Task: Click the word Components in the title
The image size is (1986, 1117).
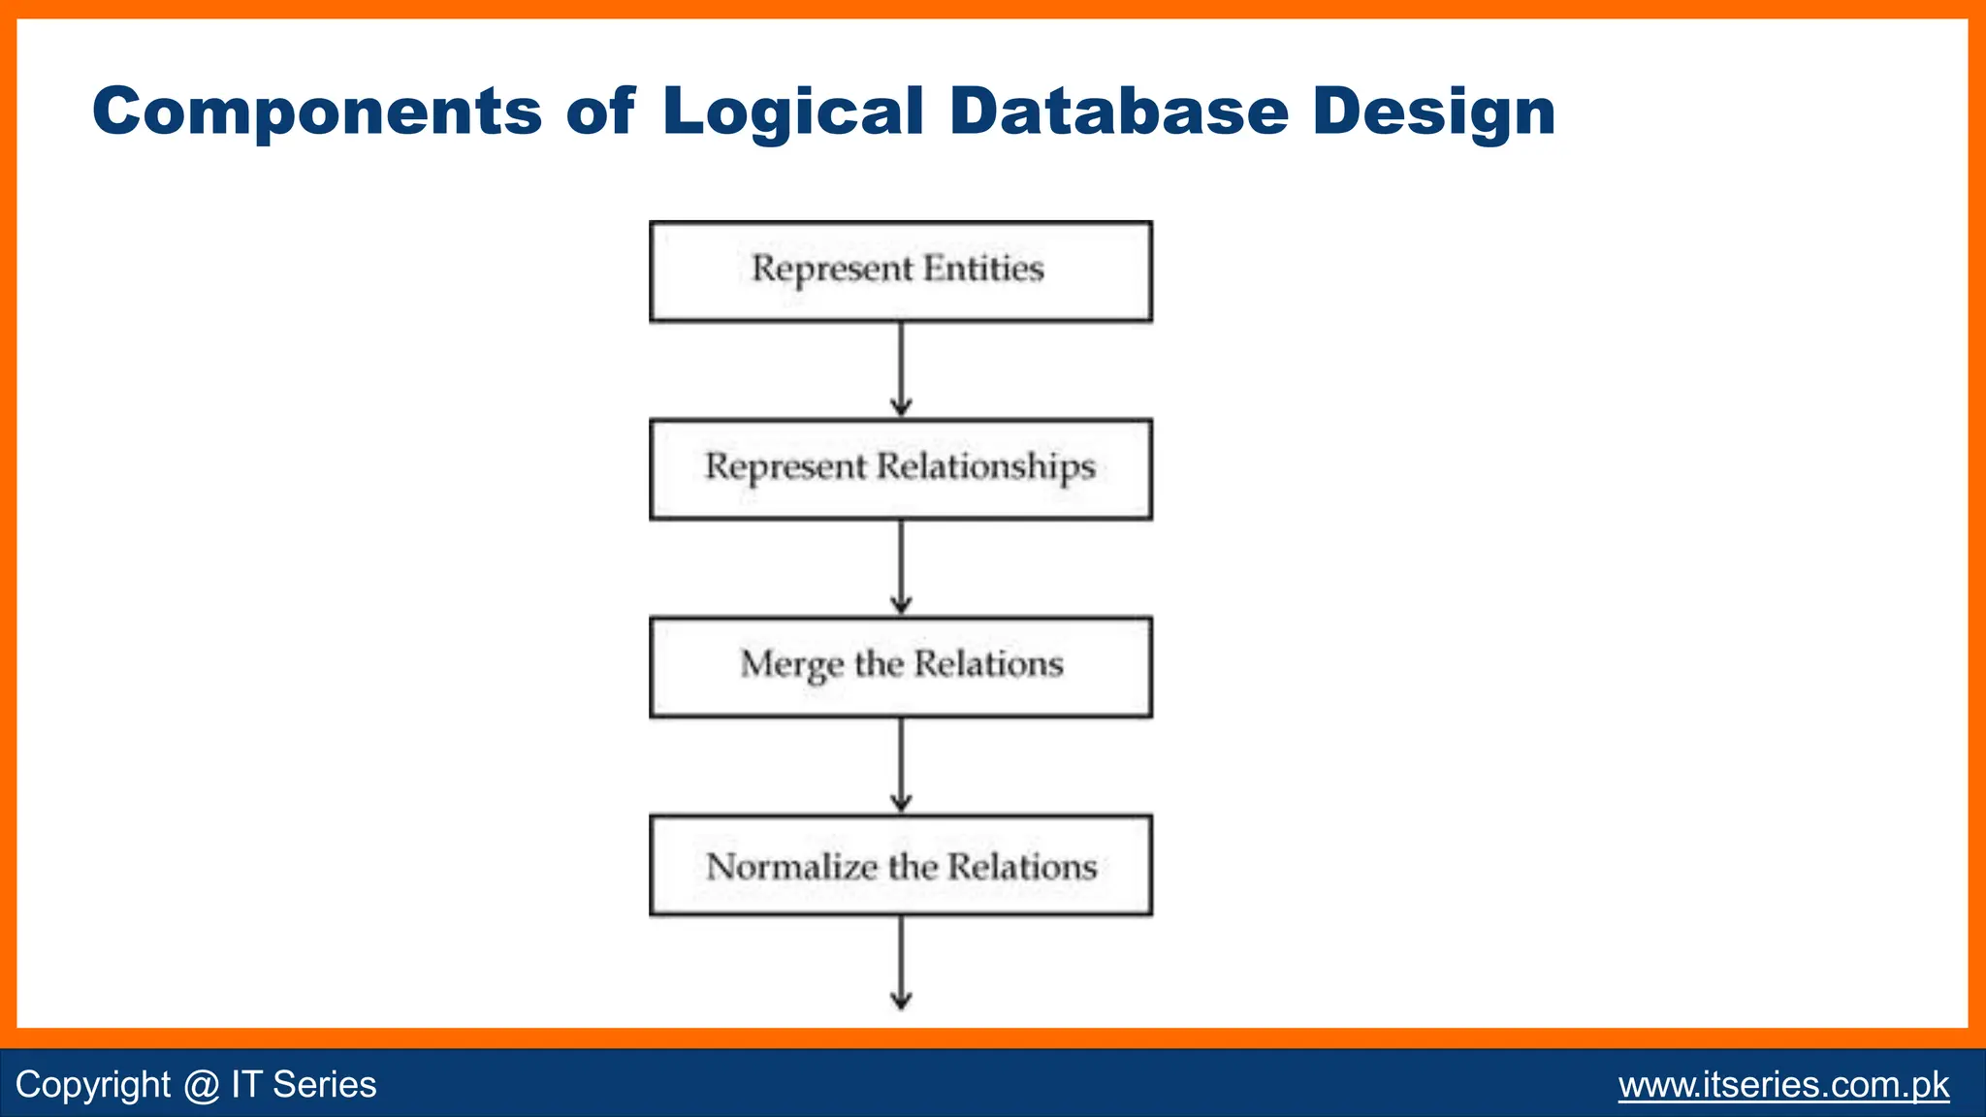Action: pos(316,112)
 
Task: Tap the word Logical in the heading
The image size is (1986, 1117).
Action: pos(792,112)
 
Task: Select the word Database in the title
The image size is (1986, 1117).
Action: pos(1118,111)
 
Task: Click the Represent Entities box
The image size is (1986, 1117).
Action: pos(900,271)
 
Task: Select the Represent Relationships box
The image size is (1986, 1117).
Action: pos(900,469)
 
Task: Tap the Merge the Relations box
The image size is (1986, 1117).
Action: pos(900,667)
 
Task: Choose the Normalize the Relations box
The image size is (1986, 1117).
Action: pos(900,865)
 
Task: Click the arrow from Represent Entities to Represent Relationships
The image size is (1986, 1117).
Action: pos(901,369)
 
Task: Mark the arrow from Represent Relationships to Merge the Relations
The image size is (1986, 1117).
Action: pos(901,567)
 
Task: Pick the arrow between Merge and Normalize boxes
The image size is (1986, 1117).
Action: pos(901,765)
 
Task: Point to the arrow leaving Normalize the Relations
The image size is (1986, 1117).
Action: pos(901,962)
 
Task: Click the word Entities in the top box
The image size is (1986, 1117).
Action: pos(983,269)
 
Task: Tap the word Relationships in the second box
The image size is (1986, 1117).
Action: pos(986,467)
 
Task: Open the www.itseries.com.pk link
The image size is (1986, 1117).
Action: pos(1783,1084)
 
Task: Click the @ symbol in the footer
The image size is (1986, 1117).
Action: pos(201,1085)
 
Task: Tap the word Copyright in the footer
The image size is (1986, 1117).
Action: pos(93,1085)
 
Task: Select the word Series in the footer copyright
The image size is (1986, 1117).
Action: pos(324,1084)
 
